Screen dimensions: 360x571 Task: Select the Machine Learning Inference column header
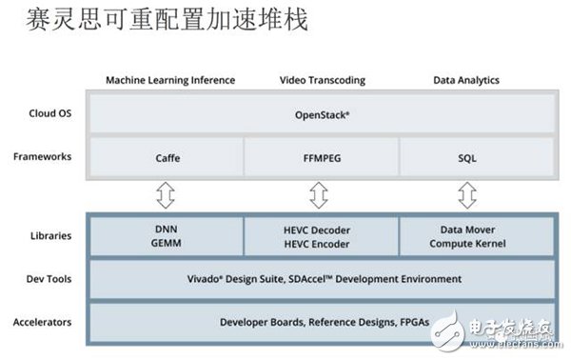coord(169,80)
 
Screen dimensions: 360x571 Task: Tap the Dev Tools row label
coord(44,279)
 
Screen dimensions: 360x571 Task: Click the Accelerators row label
coord(42,322)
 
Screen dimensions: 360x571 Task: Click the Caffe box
coord(168,157)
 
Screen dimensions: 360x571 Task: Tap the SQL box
coord(466,157)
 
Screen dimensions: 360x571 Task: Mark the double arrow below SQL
coord(466,195)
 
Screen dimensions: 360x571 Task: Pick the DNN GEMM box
coord(167,236)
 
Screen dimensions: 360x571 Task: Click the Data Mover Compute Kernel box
coord(466,236)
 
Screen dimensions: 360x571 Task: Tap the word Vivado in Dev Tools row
coord(191,279)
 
